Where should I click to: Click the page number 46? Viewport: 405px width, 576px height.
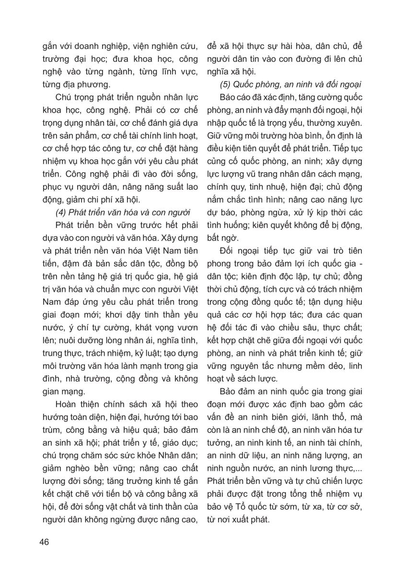45,542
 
